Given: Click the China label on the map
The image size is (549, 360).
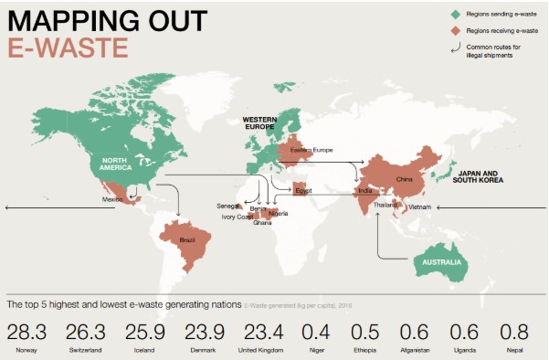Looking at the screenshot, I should (x=405, y=179).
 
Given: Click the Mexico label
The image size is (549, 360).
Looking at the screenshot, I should (x=112, y=198).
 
